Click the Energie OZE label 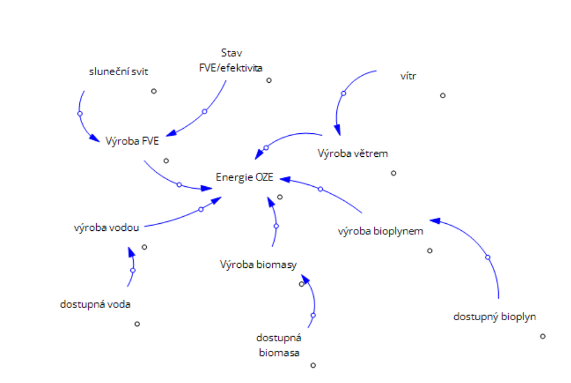244,177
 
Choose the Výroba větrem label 353,154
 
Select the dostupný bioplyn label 495,317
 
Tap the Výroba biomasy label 258,264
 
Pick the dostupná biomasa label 279,345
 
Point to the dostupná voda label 95,304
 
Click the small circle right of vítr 442,95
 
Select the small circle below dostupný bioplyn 543,336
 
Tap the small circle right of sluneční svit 154,91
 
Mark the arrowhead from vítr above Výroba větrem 337,130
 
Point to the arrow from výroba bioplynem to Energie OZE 320,189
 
